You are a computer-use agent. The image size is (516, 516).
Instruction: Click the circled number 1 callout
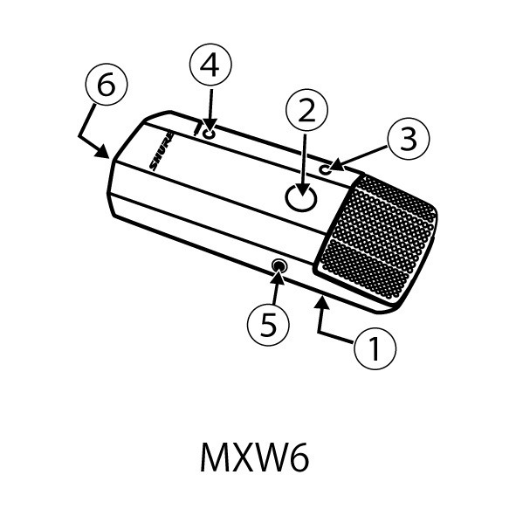pos(375,348)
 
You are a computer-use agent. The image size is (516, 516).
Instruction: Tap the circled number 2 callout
pos(306,110)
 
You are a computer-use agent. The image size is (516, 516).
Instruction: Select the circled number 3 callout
pos(409,139)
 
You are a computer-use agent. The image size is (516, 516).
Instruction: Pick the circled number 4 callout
pos(210,65)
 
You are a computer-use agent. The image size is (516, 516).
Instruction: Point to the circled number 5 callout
pos(269,324)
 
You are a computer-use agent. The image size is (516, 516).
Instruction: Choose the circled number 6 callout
pos(107,85)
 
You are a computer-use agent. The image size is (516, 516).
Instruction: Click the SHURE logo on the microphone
pos(162,151)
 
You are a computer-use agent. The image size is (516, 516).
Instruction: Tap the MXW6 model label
pos(255,458)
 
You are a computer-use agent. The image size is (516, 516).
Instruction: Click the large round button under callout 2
pos(300,198)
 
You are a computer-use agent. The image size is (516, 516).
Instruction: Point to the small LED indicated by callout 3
pos(323,169)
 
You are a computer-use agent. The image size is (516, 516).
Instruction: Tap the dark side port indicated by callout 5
pos(279,265)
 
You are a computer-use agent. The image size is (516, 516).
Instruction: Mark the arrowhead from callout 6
pos(103,152)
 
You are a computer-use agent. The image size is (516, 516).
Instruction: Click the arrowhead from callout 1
pos(322,302)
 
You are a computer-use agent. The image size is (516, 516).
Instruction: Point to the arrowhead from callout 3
pos(335,166)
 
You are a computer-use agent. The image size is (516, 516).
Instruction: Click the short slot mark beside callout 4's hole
pos(198,129)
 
